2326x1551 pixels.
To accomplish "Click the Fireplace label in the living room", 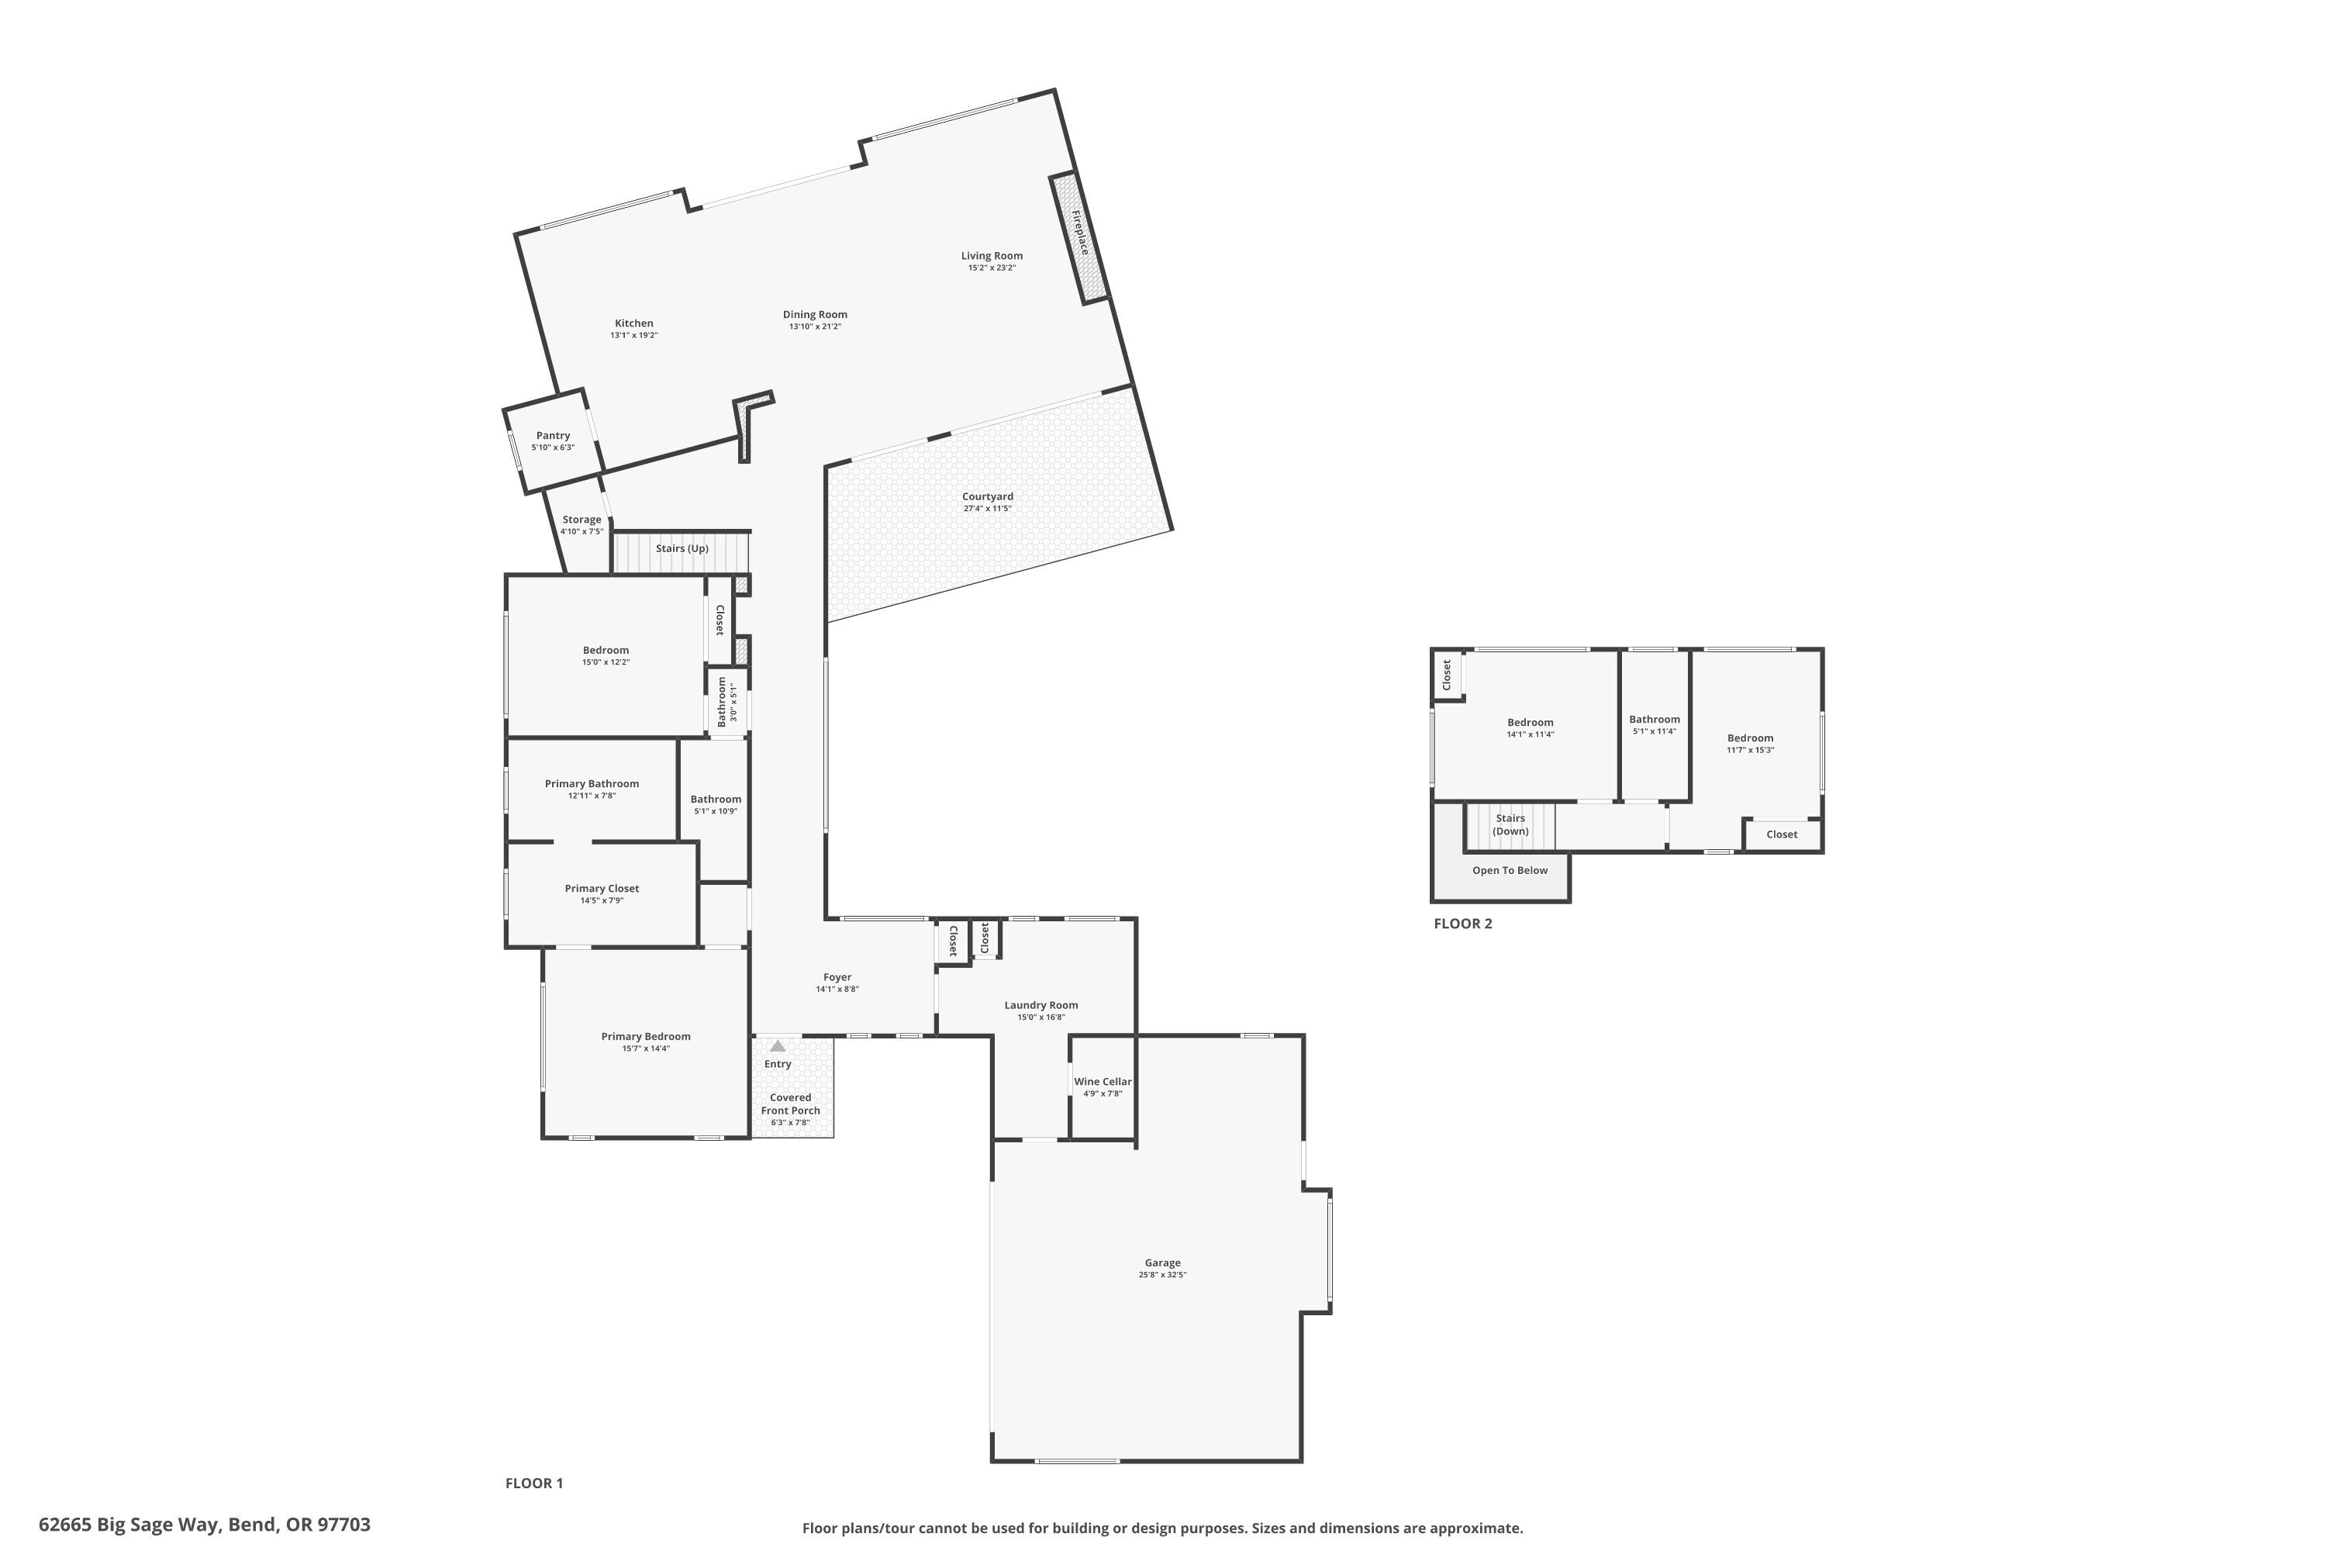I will coord(1080,233).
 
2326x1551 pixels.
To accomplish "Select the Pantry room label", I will coord(553,436).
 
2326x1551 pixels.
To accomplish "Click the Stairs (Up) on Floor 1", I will coord(682,549).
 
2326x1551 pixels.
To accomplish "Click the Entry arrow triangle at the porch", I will coord(778,1046).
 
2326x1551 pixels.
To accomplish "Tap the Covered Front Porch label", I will coord(790,1104).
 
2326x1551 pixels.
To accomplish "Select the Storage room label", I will coord(581,520).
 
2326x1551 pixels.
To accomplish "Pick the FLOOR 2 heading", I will coord(1462,924).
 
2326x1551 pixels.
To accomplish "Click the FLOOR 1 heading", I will coord(534,1483).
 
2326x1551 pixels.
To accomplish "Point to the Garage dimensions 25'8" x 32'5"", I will coord(1162,1275).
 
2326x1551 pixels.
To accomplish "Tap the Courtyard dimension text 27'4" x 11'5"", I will coord(987,510).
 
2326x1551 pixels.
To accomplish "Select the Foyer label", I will coord(837,977).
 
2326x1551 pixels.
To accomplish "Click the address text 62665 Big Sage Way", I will coord(205,1525).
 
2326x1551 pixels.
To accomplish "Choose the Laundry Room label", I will coord(1040,1005).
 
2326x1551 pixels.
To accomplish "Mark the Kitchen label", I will coord(634,323).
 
